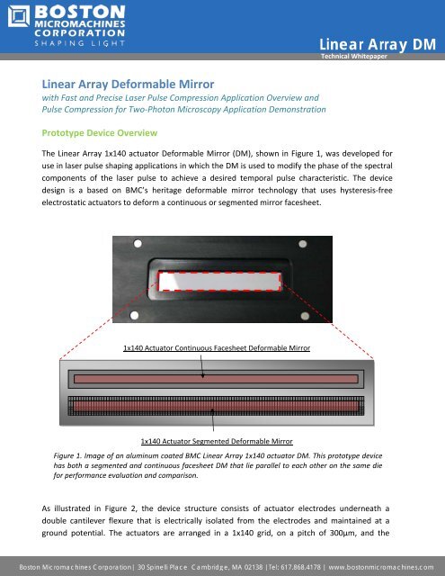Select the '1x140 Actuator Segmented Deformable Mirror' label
coord(217,442)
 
